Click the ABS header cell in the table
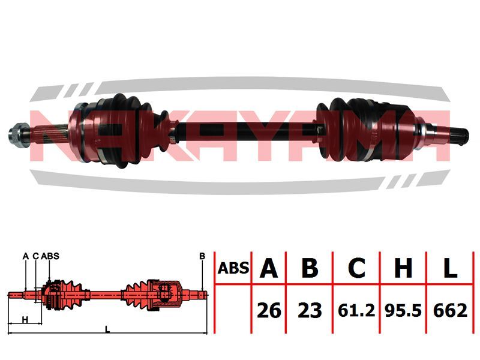233,268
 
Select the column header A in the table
268,268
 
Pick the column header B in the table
310,268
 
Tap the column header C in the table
356,268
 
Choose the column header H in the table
403,268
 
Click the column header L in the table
449,268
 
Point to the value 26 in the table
269,310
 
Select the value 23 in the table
310,310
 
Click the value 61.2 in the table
356,310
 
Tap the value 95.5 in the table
403,310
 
